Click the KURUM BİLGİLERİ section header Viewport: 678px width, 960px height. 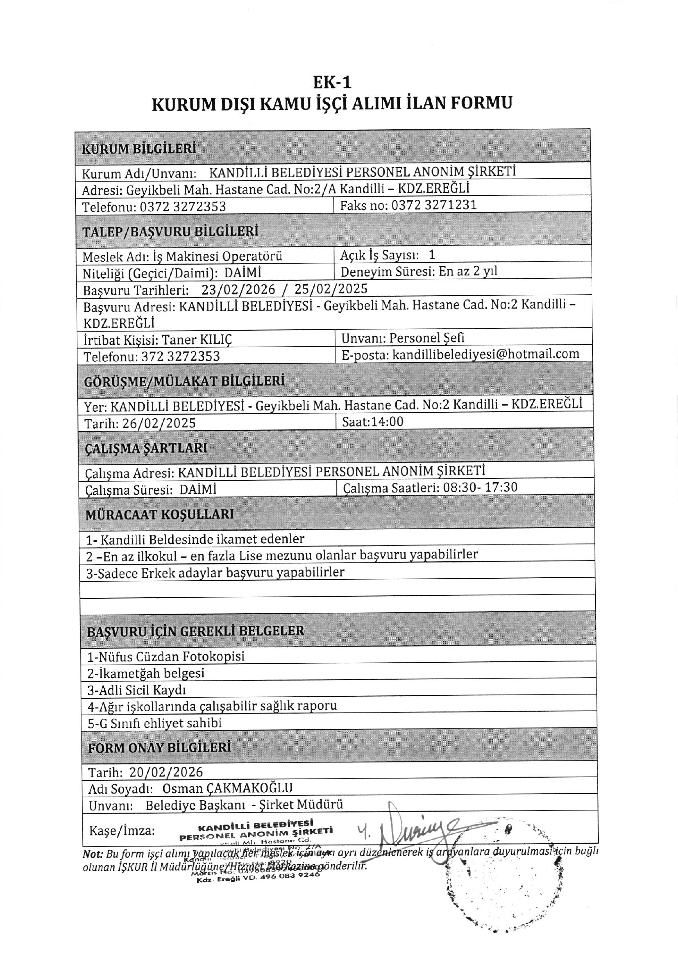click(139, 149)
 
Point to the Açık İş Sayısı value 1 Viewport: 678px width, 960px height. click(432, 255)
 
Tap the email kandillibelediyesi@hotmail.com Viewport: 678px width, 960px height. click(486, 354)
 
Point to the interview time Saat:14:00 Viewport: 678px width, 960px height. click(373, 422)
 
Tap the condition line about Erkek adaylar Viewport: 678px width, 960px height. click(215, 573)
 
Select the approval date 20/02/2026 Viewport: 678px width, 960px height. click(166, 772)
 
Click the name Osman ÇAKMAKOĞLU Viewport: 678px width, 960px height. click(227, 789)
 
